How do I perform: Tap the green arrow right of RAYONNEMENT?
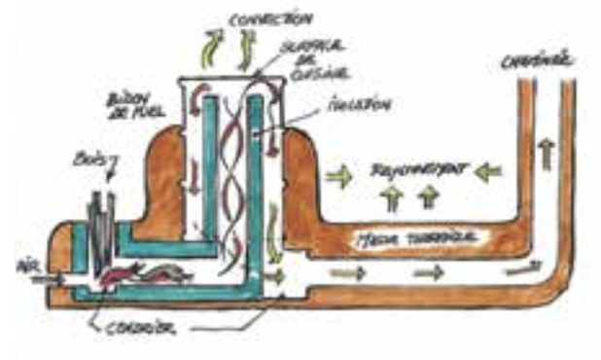(488, 172)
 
